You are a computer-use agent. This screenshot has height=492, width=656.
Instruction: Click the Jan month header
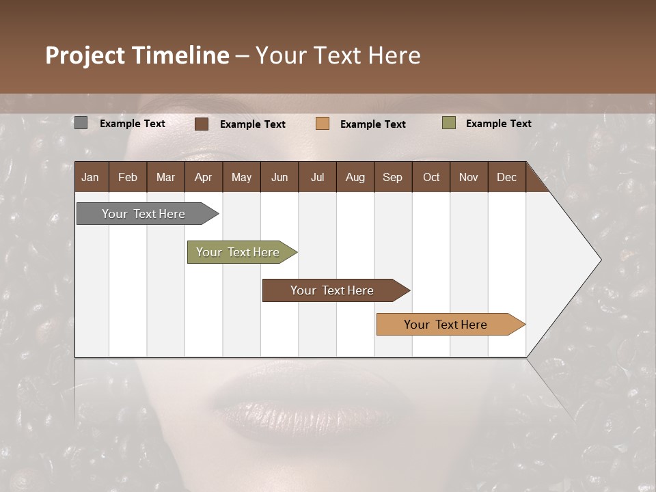91,177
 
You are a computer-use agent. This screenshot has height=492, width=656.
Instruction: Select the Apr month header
204,177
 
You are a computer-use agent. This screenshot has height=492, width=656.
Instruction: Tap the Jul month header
317,177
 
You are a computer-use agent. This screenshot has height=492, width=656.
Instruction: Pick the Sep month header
392,177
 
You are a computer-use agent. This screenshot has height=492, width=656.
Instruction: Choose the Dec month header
506,177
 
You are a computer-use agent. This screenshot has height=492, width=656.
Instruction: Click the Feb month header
128,177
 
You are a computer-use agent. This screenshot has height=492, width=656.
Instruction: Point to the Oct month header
431,177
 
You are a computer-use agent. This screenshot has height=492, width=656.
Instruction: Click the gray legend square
81,123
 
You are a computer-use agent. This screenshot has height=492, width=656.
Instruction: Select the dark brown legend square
202,124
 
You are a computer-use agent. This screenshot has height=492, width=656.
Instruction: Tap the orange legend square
323,124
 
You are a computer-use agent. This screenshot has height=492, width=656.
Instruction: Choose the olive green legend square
449,123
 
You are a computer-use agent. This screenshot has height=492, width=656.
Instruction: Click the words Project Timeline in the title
137,55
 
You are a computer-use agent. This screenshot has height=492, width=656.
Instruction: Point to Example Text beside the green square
498,124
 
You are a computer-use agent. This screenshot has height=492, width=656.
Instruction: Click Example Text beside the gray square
133,124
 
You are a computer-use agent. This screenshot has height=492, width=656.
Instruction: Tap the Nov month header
469,177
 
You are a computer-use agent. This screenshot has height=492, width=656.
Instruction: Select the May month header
241,177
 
